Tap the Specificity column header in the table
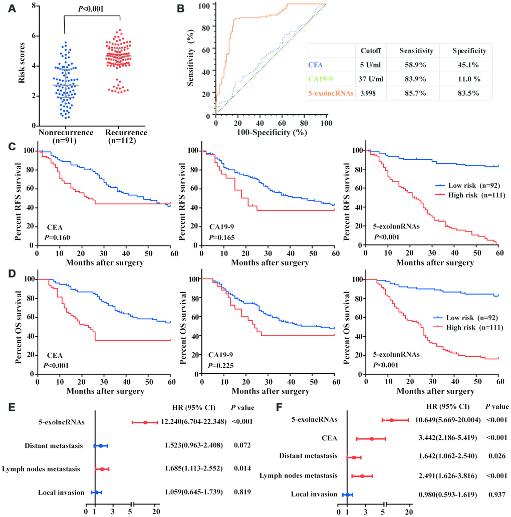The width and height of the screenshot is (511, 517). click(469, 51)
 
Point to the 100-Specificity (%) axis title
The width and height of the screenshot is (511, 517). click(271, 132)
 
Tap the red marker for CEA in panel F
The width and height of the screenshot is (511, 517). click(371, 438)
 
